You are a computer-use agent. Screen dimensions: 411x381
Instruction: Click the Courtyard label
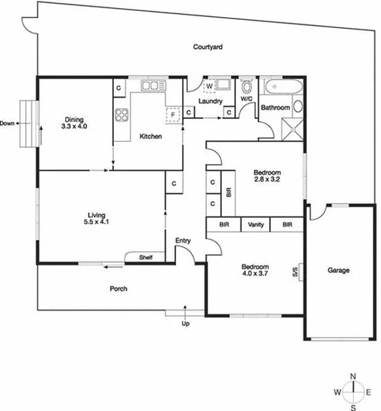coord(208,47)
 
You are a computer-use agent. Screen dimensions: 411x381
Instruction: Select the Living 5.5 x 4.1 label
coord(97,219)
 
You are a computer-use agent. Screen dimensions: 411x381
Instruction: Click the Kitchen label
coord(151,137)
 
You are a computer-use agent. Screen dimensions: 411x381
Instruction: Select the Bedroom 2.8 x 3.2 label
coord(269,176)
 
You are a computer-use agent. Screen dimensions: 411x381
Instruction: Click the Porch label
coord(119,289)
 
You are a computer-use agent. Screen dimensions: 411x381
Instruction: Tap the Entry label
coord(183,241)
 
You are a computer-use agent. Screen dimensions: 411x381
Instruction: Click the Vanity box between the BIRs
coord(256,225)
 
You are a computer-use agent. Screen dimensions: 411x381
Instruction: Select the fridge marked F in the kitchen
coord(173,115)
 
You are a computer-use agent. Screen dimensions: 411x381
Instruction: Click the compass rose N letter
coord(354,377)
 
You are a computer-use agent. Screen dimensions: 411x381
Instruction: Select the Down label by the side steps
coord(8,123)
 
